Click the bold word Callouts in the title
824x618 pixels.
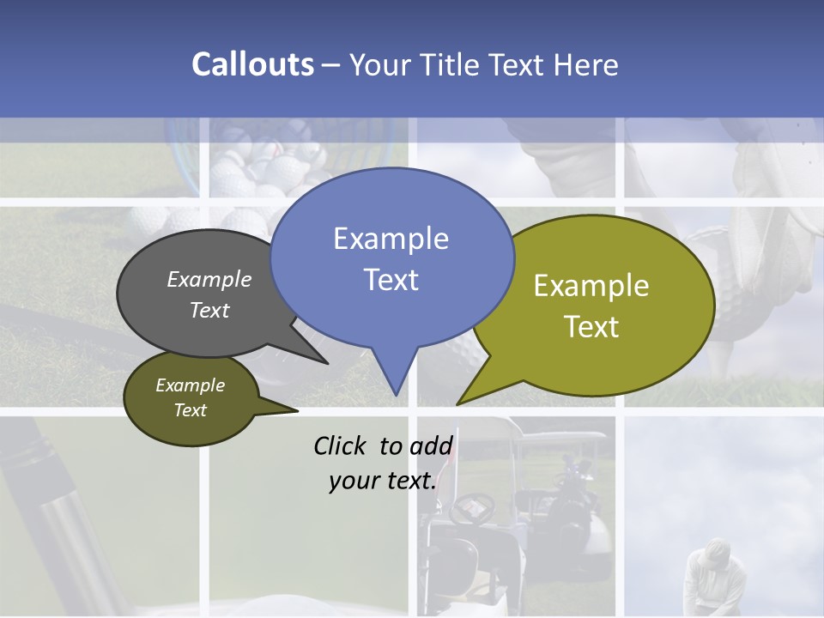tap(252, 64)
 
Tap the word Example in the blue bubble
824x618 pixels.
tap(391, 239)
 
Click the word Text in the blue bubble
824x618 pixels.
tap(391, 280)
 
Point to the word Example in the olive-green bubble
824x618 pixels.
tap(591, 286)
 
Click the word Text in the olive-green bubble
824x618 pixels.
tap(591, 327)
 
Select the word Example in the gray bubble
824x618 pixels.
tap(209, 280)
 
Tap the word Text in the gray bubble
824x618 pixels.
tap(209, 310)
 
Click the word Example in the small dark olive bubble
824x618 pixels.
tap(190, 385)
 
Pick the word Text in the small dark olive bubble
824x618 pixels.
tap(190, 410)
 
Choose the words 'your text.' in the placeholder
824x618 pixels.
tap(382, 481)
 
